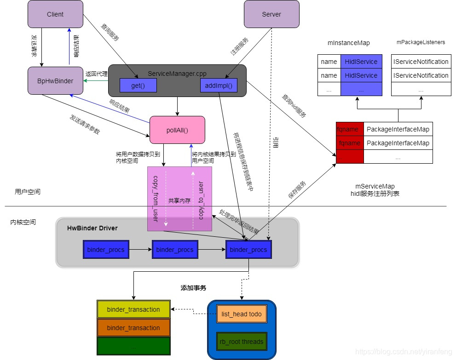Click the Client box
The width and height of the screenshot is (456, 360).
point(55,14)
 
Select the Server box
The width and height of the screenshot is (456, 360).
point(271,14)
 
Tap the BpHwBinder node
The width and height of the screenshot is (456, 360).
point(55,81)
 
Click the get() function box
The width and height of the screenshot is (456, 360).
point(138,85)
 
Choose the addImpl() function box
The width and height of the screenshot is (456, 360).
point(219,85)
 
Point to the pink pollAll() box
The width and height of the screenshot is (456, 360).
point(178,130)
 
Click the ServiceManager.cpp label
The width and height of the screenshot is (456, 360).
point(177,74)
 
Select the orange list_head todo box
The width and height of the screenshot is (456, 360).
point(242,314)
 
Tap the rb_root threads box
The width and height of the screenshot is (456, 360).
point(242,342)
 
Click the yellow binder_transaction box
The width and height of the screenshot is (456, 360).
point(133,309)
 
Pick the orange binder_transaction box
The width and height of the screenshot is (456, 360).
point(133,328)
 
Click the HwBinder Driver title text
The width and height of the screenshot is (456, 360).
point(92,228)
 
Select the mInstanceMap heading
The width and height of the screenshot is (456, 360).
point(348,43)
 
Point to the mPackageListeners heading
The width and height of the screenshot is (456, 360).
point(421,42)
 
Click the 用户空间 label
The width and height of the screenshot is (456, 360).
point(28,192)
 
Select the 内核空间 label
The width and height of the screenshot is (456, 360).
point(23,222)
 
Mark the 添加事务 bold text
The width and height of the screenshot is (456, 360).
point(193,288)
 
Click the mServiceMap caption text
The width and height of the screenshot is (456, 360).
point(375,186)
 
